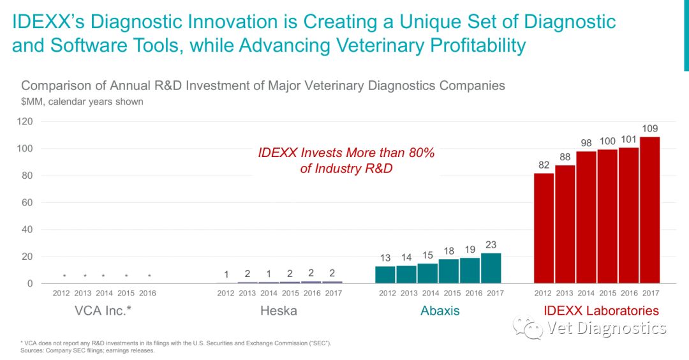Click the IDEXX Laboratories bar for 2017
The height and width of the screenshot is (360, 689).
point(649,210)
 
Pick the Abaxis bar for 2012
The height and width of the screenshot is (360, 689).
point(385,275)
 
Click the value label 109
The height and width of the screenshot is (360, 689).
point(650,128)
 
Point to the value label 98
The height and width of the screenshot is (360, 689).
point(586,142)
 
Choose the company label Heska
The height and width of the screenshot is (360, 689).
point(278,311)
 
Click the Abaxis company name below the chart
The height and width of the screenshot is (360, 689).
point(440,311)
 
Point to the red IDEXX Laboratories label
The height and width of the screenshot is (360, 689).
point(601,311)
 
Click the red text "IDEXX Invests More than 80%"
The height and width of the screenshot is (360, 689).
point(346,153)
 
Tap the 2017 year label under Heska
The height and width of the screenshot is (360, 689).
point(332,293)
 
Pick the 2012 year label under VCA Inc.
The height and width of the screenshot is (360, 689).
point(62,293)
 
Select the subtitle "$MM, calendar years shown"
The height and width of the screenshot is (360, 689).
point(82,101)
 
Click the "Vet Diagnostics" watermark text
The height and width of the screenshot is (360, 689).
point(607,328)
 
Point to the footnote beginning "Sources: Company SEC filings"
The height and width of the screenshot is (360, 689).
point(88,350)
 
